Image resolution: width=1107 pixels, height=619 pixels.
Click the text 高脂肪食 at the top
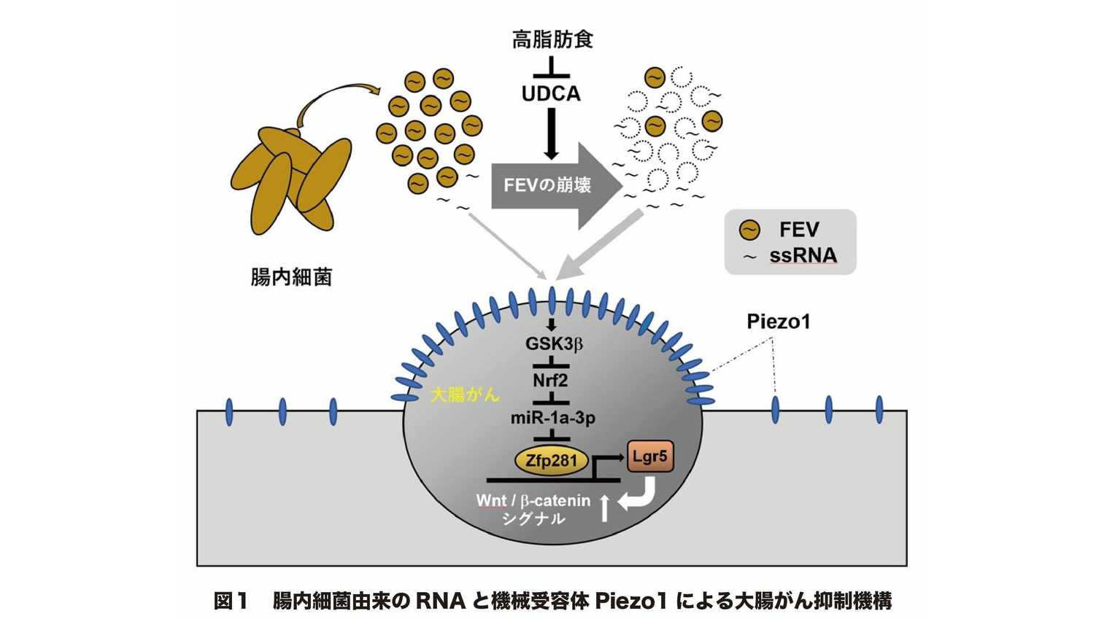pos(552,39)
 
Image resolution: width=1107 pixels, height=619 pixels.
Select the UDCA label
pos(551,94)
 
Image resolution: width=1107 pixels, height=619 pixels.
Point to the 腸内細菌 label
pos(291,277)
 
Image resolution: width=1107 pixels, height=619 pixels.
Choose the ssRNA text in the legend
pos(803,256)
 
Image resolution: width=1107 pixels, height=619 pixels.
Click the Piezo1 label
pos(779,321)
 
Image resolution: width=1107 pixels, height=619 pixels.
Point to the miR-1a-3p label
pos(552,418)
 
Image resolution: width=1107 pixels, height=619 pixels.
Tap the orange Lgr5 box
pos(649,458)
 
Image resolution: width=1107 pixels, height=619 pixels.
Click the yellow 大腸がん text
pos(465,395)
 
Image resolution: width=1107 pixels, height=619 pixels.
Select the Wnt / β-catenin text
pos(533,501)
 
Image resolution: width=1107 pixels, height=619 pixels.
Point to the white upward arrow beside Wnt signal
pos(603,507)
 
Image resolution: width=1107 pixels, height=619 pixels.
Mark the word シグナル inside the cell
pos(533,519)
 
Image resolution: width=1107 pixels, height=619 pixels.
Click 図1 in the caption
pos(232,602)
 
